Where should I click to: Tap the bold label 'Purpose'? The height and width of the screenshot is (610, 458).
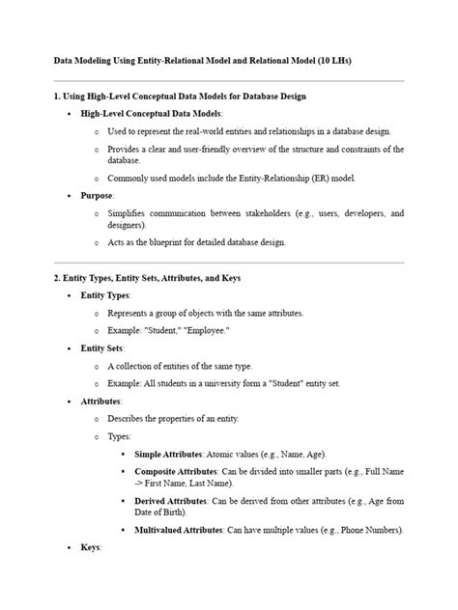tap(97, 194)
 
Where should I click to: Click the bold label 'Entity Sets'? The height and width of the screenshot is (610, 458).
tap(102, 347)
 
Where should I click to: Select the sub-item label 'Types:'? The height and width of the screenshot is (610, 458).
tap(121, 435)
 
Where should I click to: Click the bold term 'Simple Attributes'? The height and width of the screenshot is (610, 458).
tap(168, 453)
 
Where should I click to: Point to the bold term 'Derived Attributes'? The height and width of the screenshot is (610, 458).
tap(170, 502)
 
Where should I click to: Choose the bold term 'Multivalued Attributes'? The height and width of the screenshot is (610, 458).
tap(179, 530)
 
